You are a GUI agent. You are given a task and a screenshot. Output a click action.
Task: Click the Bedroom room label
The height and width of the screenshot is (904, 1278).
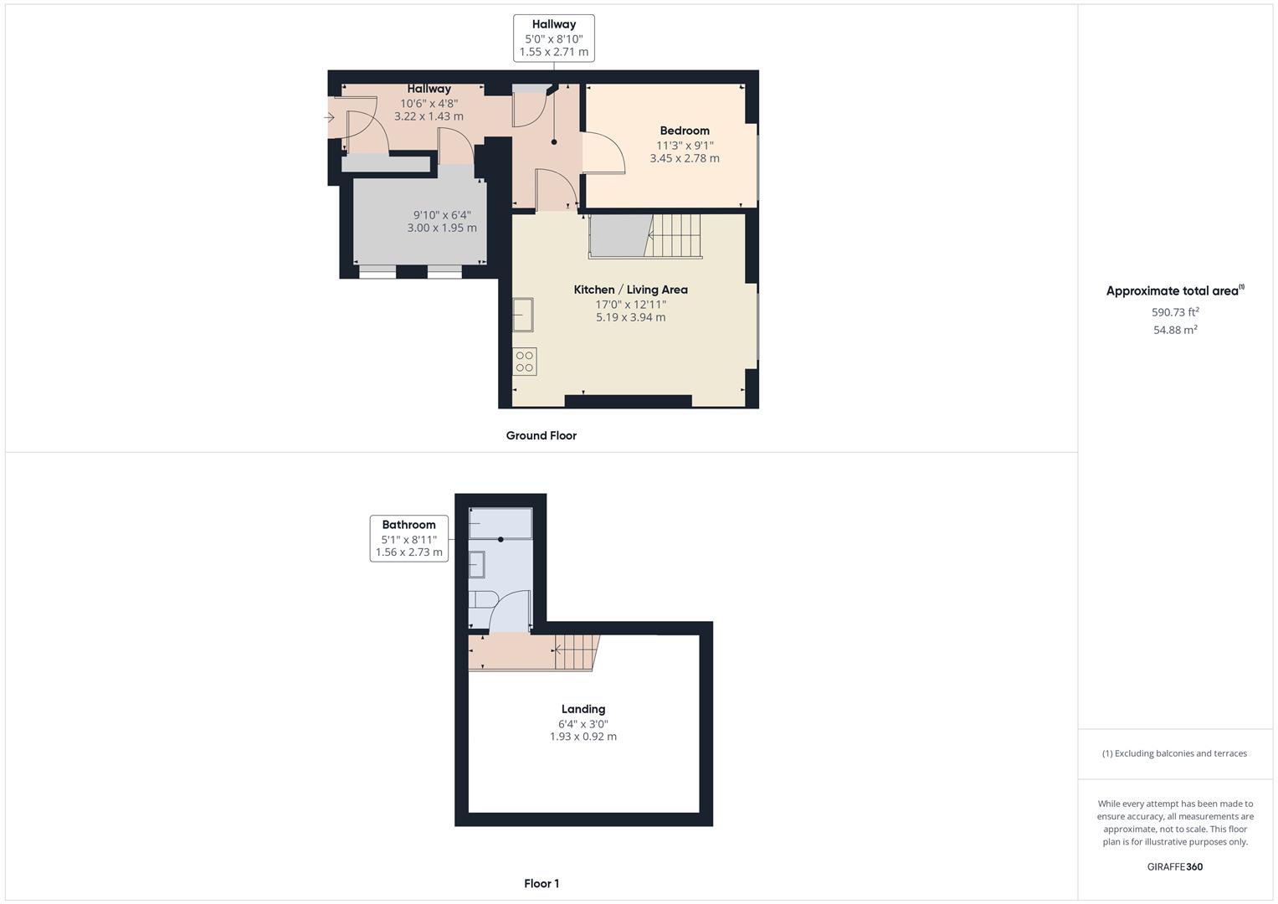pyautogui.click(x=684, y=131)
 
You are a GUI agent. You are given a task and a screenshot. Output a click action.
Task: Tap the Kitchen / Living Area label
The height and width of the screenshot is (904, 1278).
pyautogui.click(x=630, y=290)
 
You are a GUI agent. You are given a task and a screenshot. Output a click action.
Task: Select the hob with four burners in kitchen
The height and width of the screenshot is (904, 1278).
pyautogui.click(x=525, y=362)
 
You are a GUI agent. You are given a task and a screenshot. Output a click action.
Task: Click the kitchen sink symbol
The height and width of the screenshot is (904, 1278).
pyautogui.click(x=523, y=315)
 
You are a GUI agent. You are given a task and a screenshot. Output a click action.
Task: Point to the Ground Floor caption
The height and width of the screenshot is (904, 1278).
pyautogui.click(x=541, y=435)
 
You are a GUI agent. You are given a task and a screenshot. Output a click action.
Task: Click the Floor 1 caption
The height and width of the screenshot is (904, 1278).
pyautogui.click(x=541, y=883)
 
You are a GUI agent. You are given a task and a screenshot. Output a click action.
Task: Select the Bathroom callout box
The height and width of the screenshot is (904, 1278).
pyautogui.click(x=408, y=538)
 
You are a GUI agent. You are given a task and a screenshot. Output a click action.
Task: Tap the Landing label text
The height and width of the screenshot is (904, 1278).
pyautogui.click(x=583, y=709)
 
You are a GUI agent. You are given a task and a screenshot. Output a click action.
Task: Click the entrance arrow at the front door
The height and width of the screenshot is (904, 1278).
pyautogui.click(x=330, y=118)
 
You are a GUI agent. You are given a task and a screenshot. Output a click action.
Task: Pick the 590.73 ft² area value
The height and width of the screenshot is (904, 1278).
pyautogui.click(x=1175, y=312)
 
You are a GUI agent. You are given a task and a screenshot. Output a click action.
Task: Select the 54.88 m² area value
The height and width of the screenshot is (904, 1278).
pyautogui.click(x=1175, y=330)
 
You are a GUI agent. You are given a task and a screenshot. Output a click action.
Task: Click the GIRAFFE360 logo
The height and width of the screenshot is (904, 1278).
pyautogui.click(x=1174, y=866)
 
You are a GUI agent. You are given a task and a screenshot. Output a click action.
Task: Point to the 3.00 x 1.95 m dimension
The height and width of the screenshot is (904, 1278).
pyautogui.click(x=442, y=228)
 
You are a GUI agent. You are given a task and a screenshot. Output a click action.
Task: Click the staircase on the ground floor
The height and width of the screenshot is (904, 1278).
pyautogui.click(x=674, y=235)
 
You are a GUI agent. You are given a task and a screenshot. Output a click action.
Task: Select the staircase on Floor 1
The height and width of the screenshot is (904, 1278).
pyautogui.click(x=576, y=651)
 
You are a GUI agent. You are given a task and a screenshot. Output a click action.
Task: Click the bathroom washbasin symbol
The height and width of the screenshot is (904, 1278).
pyautogui.click(x=476, y=565)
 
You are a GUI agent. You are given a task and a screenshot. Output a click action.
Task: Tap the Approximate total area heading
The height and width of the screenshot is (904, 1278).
pyautogui.click(x=1174, y=291)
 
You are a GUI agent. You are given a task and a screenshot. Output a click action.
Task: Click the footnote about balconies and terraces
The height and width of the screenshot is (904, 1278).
pyautogui.click(x=1174, y=753)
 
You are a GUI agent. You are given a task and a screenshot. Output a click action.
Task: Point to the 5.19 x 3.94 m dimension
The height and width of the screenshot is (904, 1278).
pyautogui.click(x=630, y=317)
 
